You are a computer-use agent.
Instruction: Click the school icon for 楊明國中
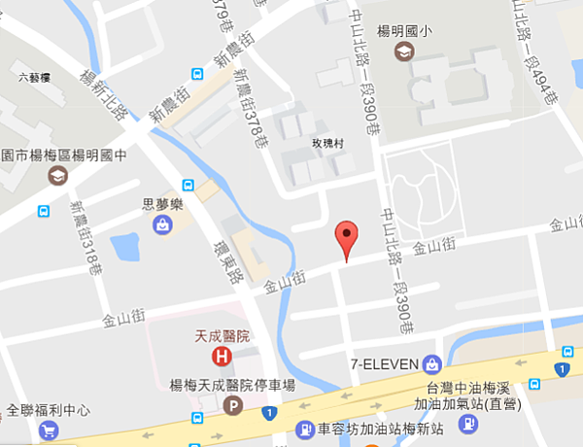point(58,175)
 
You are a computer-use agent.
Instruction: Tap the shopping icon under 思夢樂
point(160,224)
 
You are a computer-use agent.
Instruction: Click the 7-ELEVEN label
point(385,365)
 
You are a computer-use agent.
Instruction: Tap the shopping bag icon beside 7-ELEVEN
point(432,365)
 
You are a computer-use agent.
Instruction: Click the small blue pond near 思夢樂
point(127,248)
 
